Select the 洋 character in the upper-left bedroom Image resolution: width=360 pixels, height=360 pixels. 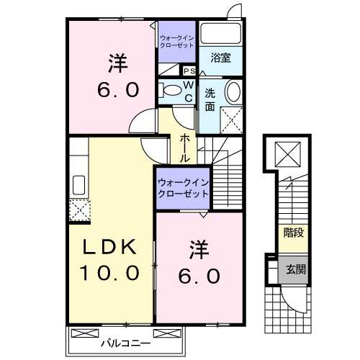pos(118,64)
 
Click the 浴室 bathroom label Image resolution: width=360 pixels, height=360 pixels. pos(220,58)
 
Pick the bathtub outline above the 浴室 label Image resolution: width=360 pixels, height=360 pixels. pos(221,34)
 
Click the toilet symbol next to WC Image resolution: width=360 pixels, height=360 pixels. pos(171,91)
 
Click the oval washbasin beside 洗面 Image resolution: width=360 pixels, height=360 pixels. pos(233,92)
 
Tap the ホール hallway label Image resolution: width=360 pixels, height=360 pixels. pos(185,147)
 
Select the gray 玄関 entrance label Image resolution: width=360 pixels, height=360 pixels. pos(292,269)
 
